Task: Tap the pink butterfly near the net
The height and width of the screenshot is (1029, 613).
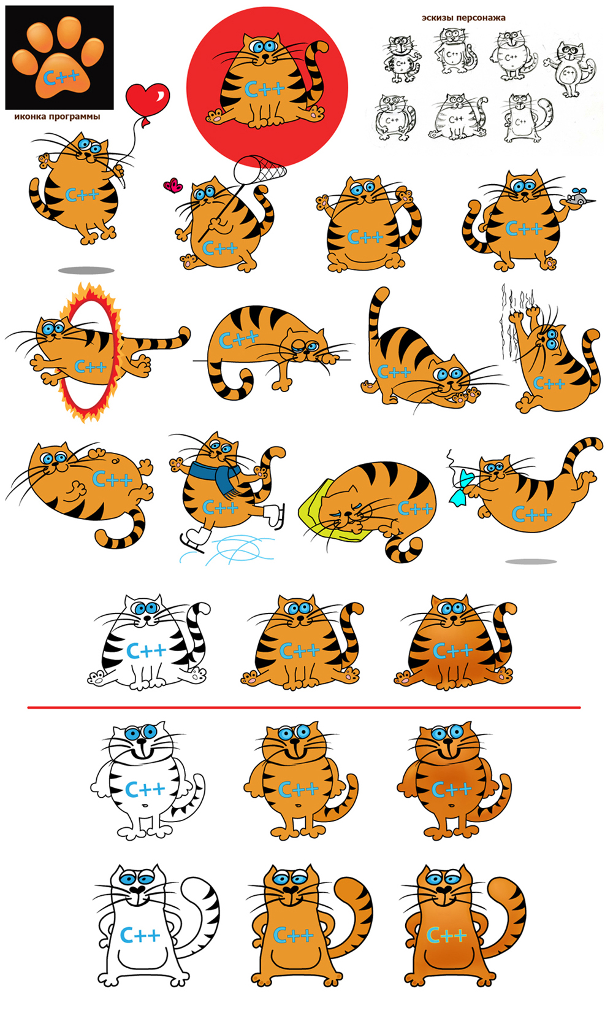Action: (x=173, y=185)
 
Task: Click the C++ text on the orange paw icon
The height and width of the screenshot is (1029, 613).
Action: (x=61, y=77)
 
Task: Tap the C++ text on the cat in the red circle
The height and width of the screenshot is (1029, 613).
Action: (x=264, y=89)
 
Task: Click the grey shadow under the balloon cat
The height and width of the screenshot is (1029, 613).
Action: (x=86, y=271)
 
